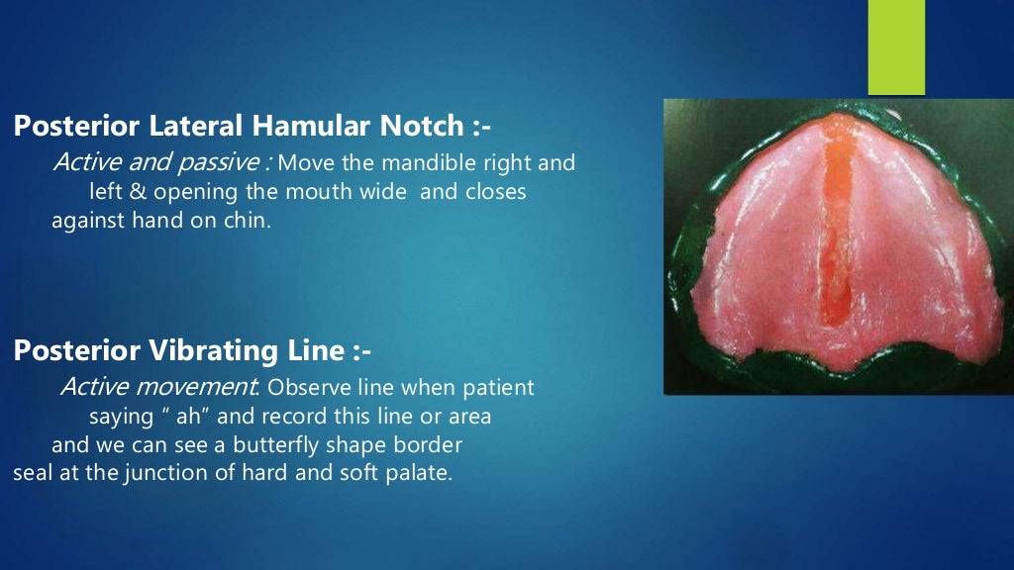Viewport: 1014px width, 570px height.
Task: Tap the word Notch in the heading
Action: [418, 126]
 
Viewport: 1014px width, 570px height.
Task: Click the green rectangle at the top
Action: [896, 47]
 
